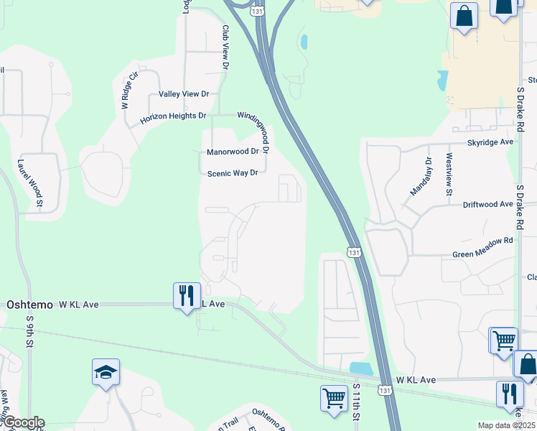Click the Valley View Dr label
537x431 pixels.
[184, 94]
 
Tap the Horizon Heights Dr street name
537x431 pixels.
[173, 116]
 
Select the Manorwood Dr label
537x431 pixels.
[232, 152]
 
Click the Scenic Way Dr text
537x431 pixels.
[232, 173]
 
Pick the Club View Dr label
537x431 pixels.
[225, 47]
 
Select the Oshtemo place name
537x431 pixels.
[29, 305]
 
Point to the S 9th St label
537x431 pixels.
[30, 331]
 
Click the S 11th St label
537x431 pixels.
[356, 402]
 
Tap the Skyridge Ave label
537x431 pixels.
[490, 142]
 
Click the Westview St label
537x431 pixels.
[449, 175]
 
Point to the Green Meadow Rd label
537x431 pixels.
[483, 254]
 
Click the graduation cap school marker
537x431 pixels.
[106, 373]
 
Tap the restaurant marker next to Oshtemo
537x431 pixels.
[185, 295]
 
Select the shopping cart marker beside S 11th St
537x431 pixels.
[334, 399]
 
